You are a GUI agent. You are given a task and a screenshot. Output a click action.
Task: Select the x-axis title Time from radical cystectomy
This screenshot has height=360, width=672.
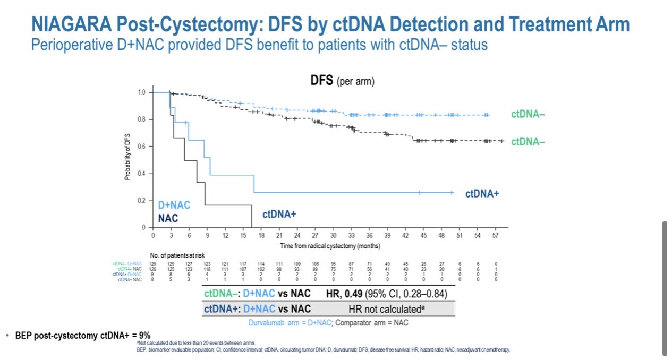330,246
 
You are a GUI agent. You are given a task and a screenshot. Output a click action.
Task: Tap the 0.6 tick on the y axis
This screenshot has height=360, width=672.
141,147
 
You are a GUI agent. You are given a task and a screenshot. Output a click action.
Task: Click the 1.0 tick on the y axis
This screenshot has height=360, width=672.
141,92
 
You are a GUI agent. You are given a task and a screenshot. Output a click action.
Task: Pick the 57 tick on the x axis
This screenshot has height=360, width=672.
495,235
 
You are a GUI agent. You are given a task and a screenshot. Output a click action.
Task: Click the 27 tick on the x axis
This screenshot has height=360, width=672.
315,235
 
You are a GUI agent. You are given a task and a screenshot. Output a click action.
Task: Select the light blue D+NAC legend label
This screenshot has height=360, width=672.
174,205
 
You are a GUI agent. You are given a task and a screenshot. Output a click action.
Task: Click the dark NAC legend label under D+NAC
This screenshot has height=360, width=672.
168,218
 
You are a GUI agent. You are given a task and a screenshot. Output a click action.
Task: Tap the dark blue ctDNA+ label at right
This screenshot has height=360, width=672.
482,194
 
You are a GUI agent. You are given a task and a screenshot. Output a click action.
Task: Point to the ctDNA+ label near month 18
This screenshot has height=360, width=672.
279,215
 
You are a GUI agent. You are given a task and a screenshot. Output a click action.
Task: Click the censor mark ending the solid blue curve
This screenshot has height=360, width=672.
452,193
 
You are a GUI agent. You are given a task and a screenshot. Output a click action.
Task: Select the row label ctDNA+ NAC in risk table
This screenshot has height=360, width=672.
130,279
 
